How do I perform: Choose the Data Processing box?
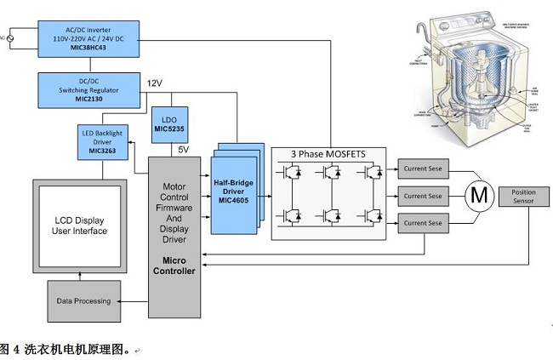click(83, 301)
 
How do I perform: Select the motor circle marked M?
click(479, 196)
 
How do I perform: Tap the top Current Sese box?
click(423, 170)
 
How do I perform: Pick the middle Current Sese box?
click(423, 196)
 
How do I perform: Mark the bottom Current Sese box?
click(423, 222)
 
